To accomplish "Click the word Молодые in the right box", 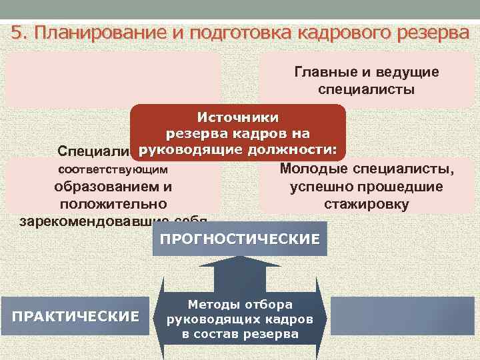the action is tap(317, 169).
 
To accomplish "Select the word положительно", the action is tap(113, 204).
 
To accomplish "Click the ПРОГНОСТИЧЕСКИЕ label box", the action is tap(240, 239).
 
